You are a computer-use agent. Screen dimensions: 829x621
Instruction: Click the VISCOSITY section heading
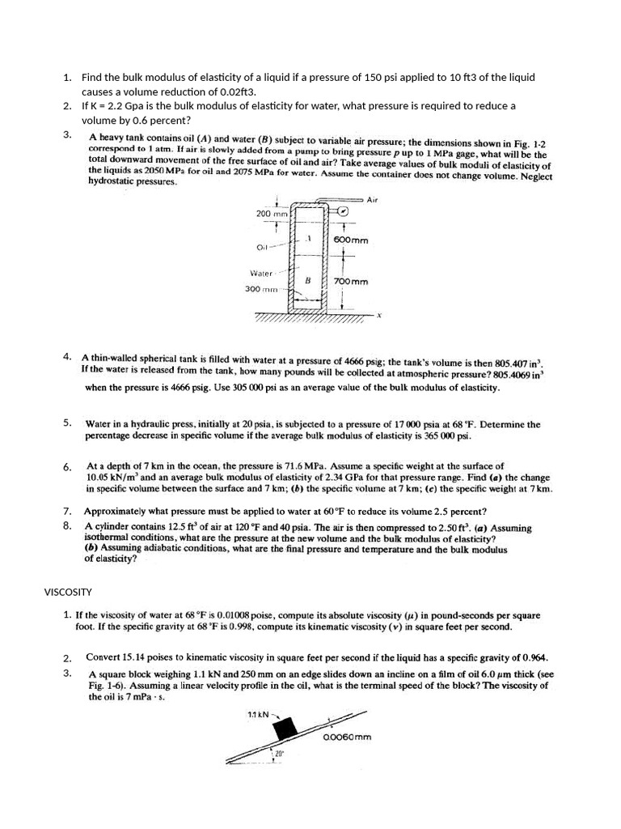68,592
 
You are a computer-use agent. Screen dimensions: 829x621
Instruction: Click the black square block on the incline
285,730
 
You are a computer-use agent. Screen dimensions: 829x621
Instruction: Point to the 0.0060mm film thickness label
346,738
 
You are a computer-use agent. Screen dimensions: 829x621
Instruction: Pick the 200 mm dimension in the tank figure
272,214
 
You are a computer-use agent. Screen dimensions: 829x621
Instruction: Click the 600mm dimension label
351,240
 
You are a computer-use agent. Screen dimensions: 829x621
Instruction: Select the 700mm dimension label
351,282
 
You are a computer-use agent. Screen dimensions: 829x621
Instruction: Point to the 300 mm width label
262,288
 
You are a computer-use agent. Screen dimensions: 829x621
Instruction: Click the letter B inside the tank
307,279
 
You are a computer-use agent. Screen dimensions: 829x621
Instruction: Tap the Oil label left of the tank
262,246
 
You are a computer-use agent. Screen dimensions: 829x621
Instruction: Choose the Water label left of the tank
263,274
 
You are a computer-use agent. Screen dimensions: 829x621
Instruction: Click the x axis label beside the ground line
378,316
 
